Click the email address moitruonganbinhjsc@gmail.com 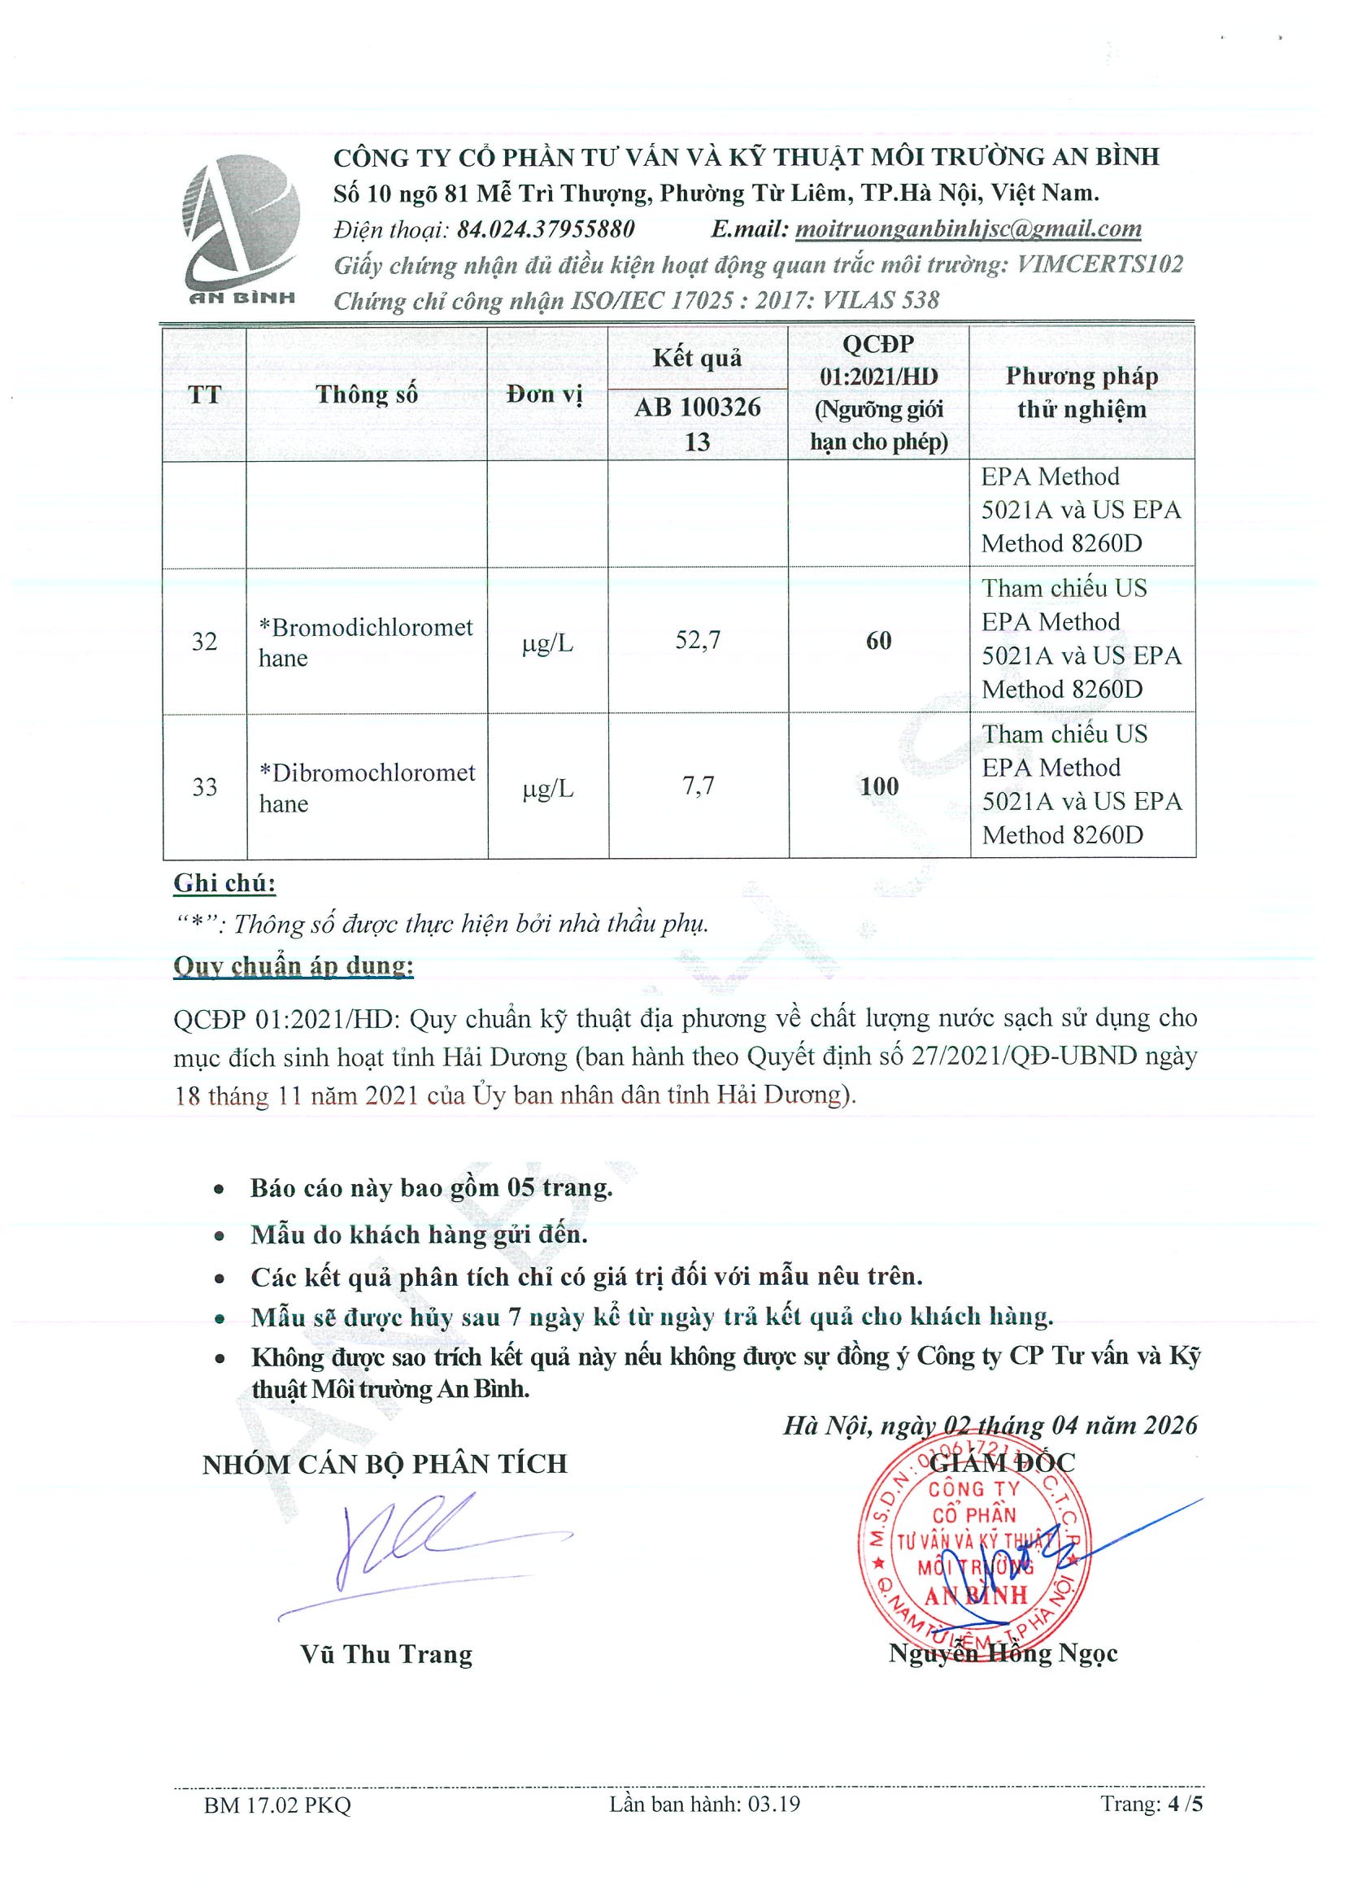pyautogui.click(x=967, y=229)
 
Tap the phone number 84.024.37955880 pyautogui.click(x=546, y=229)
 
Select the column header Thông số pyautogui.click(x=366, y=394)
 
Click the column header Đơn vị pyautogui.click(x=545, y=394)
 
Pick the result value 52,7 pyautogui.click(x=698, y=640)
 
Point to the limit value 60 pyautogui.click(x=878, y=640)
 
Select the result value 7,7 pyautogui.click(x=698, y=786)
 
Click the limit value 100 pyautogui.click(x=878, y=786)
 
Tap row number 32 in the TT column pyautogui.click(x=204, y=641)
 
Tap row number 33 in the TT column pyautogui.click(x=204, y=786)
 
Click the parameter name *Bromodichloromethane pyautogui.click(x=365, y=642)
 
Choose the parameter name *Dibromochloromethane pyautogui.click(x=366, y=787)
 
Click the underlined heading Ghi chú pyautogui.click(x=224, y=883)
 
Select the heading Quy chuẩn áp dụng pyautogui.click(x=294, y=965)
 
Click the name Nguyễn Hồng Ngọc pyautogui.click(x=1003, y=1654)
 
